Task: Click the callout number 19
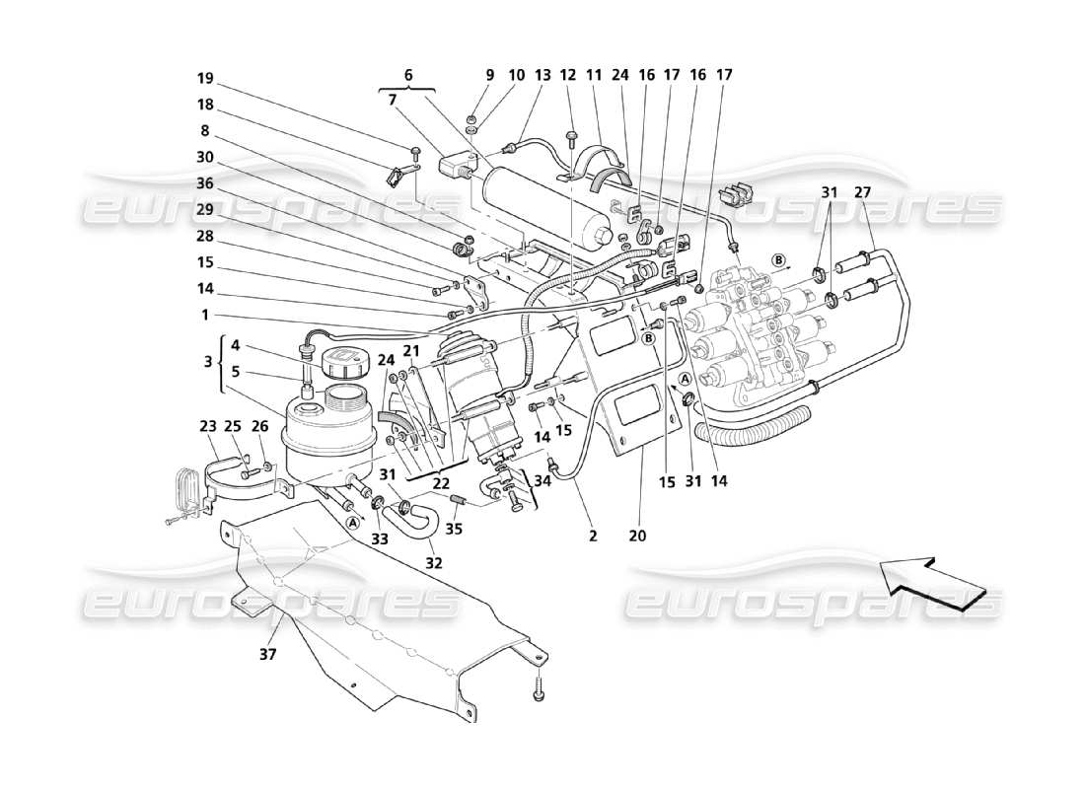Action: [204, 78]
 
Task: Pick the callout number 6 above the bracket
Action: [408, 74]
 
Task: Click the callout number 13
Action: [542, 74]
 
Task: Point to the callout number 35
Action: [456, 529]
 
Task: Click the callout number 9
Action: [488, 74]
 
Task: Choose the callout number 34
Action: [541, 480]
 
